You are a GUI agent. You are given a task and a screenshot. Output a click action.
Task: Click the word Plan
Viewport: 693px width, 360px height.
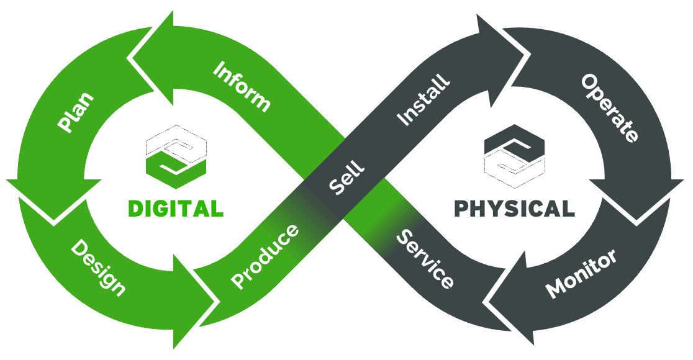(76, 112)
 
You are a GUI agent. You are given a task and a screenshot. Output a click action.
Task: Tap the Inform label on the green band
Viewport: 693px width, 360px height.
(242, 86)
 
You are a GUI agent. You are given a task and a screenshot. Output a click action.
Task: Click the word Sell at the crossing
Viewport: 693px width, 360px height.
(346, 178)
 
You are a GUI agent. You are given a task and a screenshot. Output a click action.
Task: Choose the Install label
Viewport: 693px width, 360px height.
(423, 100)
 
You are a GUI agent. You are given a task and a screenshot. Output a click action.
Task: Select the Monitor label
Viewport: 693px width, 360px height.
(581, 273)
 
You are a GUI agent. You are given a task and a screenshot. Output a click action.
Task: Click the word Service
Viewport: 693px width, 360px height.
(425, 258)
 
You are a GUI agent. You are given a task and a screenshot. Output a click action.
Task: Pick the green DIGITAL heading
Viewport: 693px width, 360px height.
(175, 209)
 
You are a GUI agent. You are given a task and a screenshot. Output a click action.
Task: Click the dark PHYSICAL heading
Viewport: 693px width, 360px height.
(514, 209)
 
